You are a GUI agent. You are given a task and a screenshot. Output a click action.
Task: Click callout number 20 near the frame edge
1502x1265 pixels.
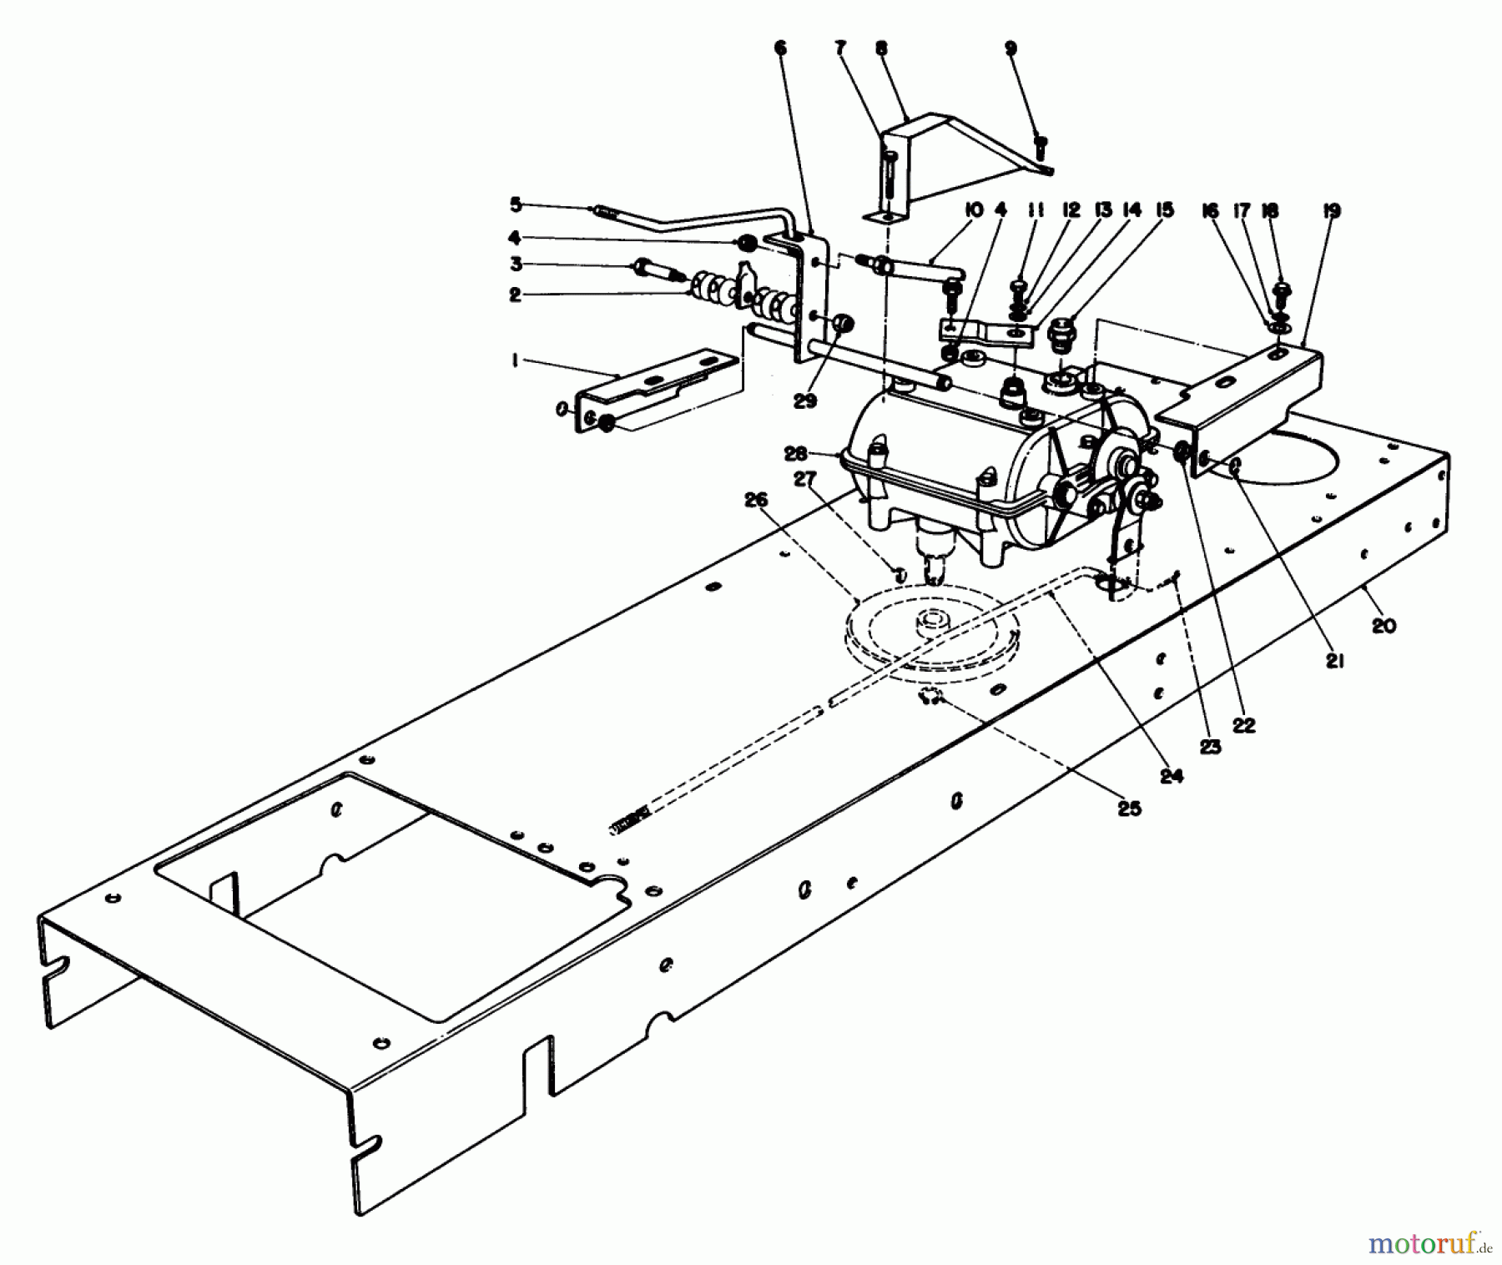[1383, 625]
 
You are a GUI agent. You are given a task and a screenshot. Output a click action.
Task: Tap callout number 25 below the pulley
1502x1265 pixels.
[1129, 809]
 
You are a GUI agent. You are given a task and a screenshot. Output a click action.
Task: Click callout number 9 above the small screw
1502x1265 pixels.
[1011, 48]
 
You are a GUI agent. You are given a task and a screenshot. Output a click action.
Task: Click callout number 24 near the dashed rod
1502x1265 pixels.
[1171, 775]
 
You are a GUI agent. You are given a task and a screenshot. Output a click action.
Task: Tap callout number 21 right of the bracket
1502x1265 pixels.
[1335, 661]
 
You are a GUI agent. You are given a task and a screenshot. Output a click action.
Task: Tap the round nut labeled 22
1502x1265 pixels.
[1182, 454]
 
